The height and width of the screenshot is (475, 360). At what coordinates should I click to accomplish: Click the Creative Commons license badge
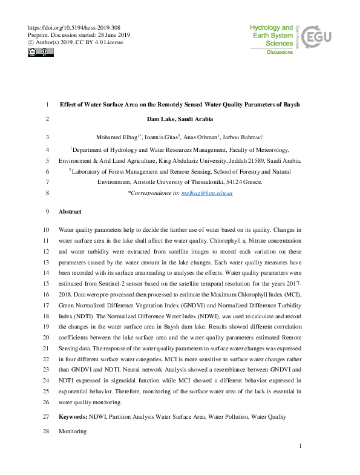(41, 53)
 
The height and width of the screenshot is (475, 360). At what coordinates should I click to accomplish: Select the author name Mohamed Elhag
(119, 137)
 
